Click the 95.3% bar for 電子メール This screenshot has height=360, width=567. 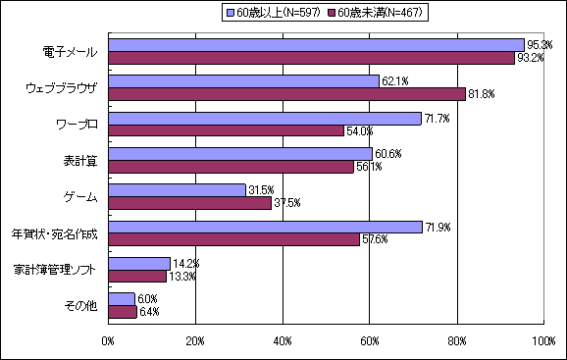tap(316, 44)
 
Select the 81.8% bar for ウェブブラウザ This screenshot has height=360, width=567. tap(286, 93)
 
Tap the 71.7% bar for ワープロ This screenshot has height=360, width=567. tap(265, 118)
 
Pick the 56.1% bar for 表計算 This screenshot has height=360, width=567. tap(231, 167)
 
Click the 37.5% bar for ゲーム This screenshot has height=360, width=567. tap(190, 203)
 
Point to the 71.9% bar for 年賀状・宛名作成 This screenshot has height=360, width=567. tap(265, 227)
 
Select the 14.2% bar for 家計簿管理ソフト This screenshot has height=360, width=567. tap(139, 263)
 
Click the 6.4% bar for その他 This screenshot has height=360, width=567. tap(123, 312)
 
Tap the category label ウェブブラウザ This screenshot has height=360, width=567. tap(61, 87)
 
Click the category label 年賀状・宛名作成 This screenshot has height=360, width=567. tap(54, 233)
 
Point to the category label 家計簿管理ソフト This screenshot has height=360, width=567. tap(56, 270)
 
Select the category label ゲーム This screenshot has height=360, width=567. tap(78, 197)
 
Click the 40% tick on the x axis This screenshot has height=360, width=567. tap(283, 341)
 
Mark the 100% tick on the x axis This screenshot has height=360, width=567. tap(542, 341)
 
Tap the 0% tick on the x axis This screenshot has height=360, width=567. tap(109, 341)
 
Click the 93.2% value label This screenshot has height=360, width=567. tap(531, 58)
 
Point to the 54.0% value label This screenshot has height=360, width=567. tap(359, 130)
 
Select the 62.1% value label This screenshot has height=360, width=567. tap(394, 80)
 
